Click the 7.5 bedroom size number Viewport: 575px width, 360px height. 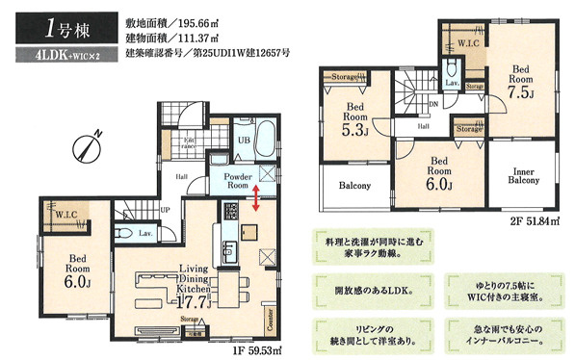tap(521, 93)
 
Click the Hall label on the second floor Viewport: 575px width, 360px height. tap(423, 125)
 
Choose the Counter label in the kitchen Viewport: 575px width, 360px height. tap(268, 313)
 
